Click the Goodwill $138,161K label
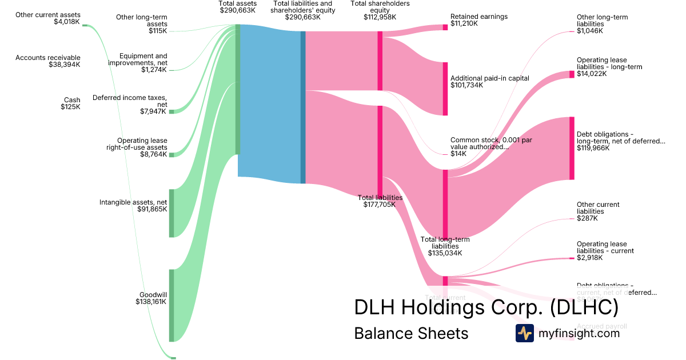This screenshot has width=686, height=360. pyautogui.click(x=151, y=298)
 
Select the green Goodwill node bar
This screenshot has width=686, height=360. pyautogui.click(x=171, y=305)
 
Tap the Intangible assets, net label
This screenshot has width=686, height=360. pyautogui.click(x=133, y=206)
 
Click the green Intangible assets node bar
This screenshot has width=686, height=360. pyautogui.click(x=171, y=213)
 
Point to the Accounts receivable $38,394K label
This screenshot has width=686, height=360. pyautogui.click(x=48, y=61)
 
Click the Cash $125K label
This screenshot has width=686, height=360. pyautogui.click(x=71, y=103)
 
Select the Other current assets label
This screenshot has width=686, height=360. pyautogui.click(x=48, y=18)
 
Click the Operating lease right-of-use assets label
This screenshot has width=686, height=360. pyautogui.click(x=137, y=147)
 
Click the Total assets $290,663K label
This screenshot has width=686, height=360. pyautogui.click(x=238, y=7)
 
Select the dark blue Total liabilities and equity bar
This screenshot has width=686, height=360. pyautogui.click(x=303, y=107)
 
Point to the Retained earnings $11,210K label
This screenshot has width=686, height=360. pyautogui.click(x=478, y=20)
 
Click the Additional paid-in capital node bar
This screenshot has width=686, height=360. pyautogui.click(x=445, y=89)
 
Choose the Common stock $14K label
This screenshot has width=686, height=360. pyautogui.click(x=479, y=146)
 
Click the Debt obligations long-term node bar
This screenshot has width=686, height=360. pyautogui.click(x=571, y=148)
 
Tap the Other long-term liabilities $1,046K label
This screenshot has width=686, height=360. pyautogui.click(x=602, y=24)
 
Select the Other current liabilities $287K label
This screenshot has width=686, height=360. pyautogui.click(x=598, y=211)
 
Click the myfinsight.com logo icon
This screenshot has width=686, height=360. pyautogui.click(x=524, y=333)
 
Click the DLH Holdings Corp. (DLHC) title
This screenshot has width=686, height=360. pyautogui.click(x=486, y=307)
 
